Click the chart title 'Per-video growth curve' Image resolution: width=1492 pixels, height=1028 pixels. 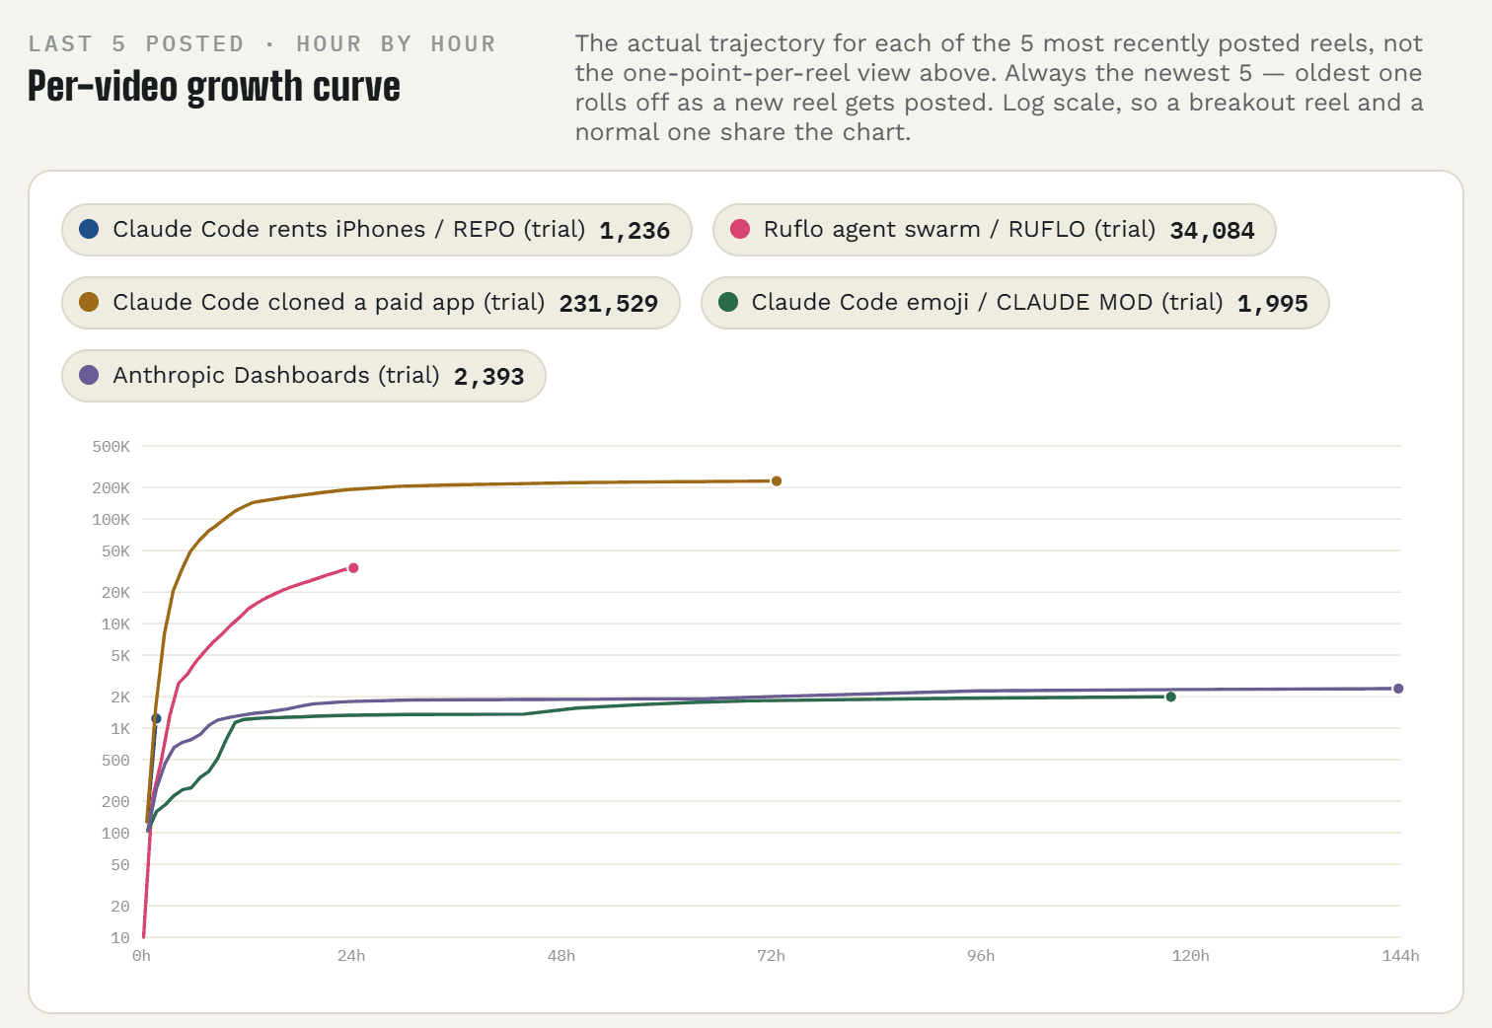coord(214,87)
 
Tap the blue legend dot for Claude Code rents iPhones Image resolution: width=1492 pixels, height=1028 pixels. coord(89,229)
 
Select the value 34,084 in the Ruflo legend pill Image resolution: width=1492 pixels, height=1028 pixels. coord(1212,231)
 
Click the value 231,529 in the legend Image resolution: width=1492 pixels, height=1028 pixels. coord(608,304)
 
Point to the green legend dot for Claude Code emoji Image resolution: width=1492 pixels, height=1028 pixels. coord(728,302)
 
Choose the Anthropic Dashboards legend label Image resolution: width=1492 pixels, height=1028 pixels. coord(275,376)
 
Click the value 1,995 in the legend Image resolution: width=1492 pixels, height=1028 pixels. coord(1272,304)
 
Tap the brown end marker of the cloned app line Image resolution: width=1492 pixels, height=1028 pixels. coord(777,480)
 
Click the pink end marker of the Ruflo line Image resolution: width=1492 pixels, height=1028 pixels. coord(353,568)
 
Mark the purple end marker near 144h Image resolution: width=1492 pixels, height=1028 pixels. coord(1398,689)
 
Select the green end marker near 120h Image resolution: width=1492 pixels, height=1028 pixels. coord(1171,698)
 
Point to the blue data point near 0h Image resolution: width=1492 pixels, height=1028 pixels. coord(156,718)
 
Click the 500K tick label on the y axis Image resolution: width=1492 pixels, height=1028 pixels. coord(112,447)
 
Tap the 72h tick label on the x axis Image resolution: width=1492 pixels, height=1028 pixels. coord(771,956)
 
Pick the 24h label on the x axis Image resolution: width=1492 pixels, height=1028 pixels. coord(351,956)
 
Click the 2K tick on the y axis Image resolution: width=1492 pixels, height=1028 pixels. coord(120,698)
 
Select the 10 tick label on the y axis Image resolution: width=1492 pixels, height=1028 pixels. coord(120,938)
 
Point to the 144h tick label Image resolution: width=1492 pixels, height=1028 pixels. coord(1401,956)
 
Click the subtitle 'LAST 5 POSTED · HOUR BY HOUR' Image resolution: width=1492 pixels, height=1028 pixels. coord(261,44)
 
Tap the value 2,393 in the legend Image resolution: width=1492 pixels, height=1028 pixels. coord(488,377)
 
